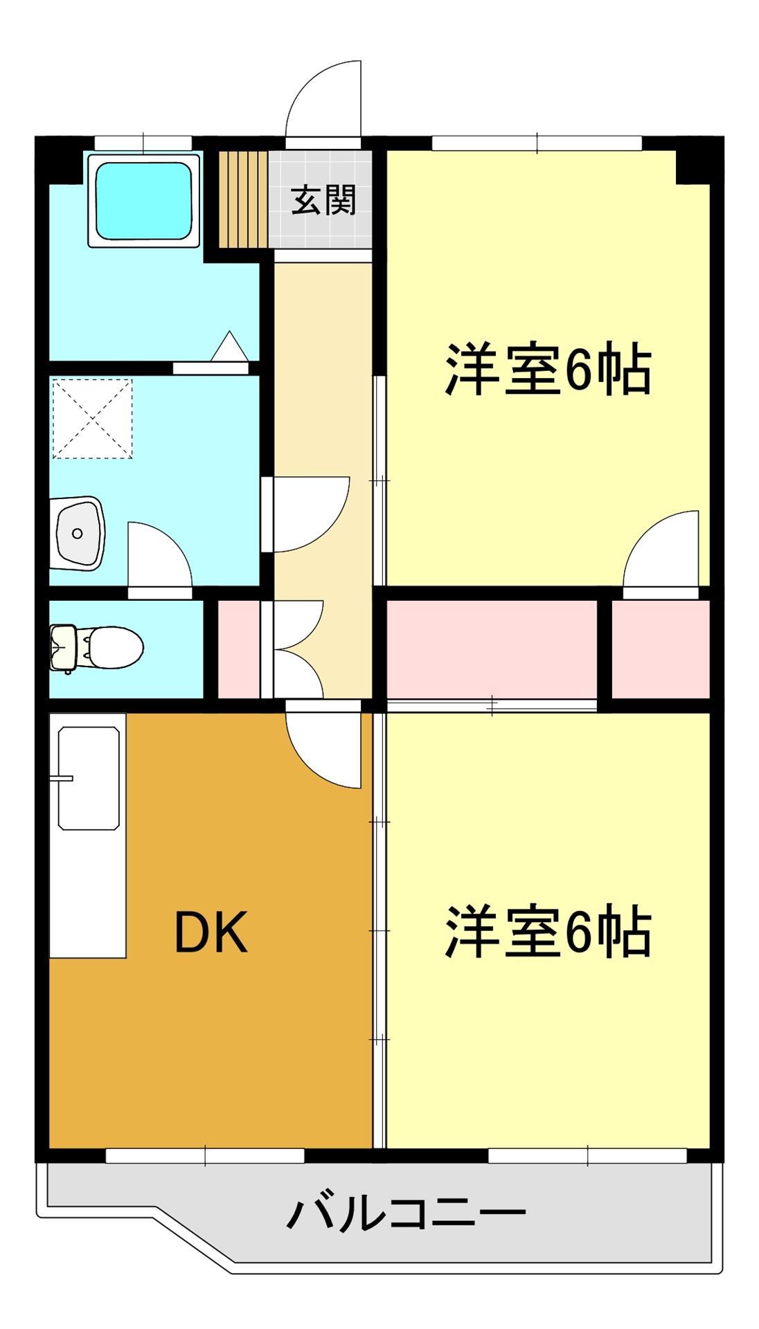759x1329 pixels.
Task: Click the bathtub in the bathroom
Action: pyautogui.click(x=143, y=200)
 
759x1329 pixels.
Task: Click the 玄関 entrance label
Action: pyautogui.click(x=323, y=200)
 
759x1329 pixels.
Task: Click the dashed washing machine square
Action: pyautogui.click(x=92, y=418)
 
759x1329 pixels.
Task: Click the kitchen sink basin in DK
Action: pyautogui.click(x=88, y=777)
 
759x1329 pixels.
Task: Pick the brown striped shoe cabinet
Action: pyautogui.click(x=243, y=200)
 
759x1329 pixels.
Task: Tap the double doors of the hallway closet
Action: pyautogui.click(x=298, y=649)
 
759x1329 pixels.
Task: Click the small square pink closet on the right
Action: pyautogui.click(x=660, y=649)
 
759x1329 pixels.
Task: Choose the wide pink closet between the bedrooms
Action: pyautogui.click(x=491, y=649)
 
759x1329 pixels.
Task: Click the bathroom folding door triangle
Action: pyautogui.click(x=229, y=347)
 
